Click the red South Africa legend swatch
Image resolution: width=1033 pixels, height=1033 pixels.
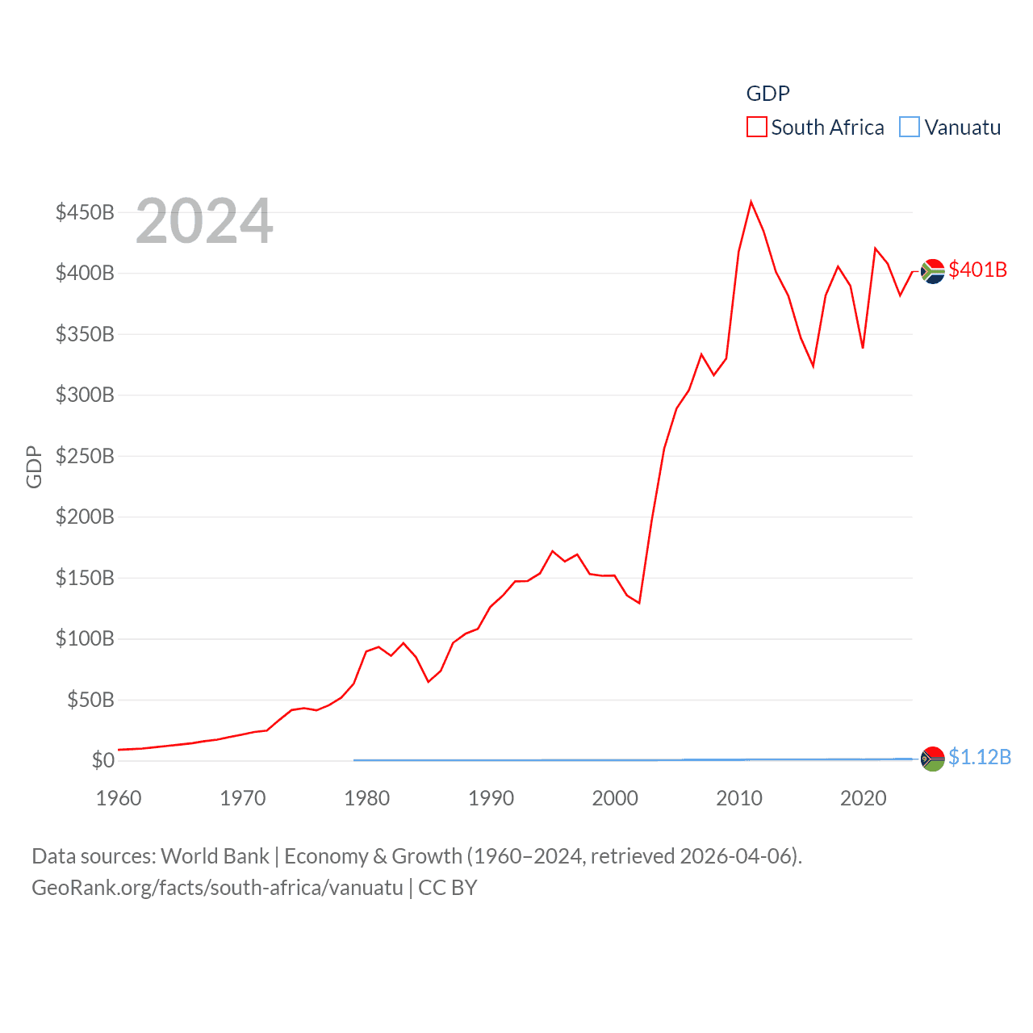(x=756, y=128)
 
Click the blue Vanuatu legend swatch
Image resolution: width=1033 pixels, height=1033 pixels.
(x=910, y=128)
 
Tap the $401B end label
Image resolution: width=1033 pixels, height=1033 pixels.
(x=978, y=270)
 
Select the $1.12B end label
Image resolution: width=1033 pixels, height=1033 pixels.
(x=980, y=757)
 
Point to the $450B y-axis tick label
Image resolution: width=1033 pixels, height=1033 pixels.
(x=85, y=212)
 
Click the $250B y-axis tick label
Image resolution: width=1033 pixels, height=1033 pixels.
(x=85, y=456)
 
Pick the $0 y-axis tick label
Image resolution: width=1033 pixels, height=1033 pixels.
(x=102, y=760)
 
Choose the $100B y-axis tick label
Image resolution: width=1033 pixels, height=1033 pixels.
(x=85, y=638)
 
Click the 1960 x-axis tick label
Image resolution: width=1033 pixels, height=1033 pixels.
(x=119, y=798)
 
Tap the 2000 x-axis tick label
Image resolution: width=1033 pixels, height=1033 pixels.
(x=615, y=798)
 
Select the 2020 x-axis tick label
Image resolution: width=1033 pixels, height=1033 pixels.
(x=864, y=798)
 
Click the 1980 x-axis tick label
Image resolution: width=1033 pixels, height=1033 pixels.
(x=367, y=798)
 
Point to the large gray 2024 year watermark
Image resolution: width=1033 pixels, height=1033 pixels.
(x=204, y=221)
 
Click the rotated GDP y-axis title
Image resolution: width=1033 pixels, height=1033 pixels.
(x=34, y=466)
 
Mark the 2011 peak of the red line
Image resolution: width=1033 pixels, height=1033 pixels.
(x=751, y=202)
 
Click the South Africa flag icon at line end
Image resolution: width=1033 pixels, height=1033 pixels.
(x=933, y=271)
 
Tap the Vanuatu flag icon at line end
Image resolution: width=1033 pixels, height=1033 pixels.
(x=933, y=759)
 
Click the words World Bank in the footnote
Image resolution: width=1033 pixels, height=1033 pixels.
(x=215, y=855)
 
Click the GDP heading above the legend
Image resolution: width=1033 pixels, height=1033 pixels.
(x=767, y=94)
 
